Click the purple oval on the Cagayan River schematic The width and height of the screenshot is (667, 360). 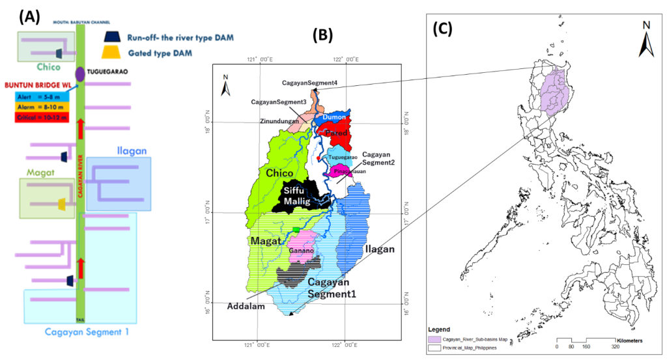[x=79, y=73]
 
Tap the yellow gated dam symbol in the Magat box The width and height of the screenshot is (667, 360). [x=62, y=204]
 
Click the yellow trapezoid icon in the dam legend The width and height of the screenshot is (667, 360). [x=113, y=52]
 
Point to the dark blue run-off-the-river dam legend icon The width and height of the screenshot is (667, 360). [x=113, y=37]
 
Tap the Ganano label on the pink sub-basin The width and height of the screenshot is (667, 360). [x=301, y=250]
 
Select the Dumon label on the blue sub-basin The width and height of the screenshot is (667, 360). [x=337, y=118]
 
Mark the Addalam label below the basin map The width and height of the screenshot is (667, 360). [x=246, y=307]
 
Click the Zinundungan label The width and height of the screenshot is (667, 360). [x=278, y=120]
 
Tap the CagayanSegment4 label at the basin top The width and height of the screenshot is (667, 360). [x=309, y=83]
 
